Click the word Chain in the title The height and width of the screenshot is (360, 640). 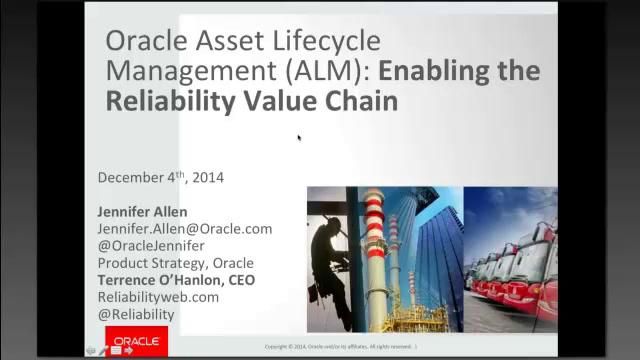pos(362,101)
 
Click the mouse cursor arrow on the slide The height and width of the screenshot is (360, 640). pos(299,138)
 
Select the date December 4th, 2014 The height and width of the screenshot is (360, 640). pos(161,177)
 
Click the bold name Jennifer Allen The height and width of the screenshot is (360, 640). pos(142,212)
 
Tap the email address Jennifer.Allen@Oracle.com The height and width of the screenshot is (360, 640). pos(184,229)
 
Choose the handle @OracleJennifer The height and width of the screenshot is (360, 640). pos(151,246)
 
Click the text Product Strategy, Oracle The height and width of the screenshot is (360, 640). pos(175,263)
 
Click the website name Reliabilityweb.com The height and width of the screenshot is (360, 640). pos(158,297)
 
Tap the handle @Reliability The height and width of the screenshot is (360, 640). pos(136,314)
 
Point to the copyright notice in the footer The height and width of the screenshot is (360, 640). pos(341,347)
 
